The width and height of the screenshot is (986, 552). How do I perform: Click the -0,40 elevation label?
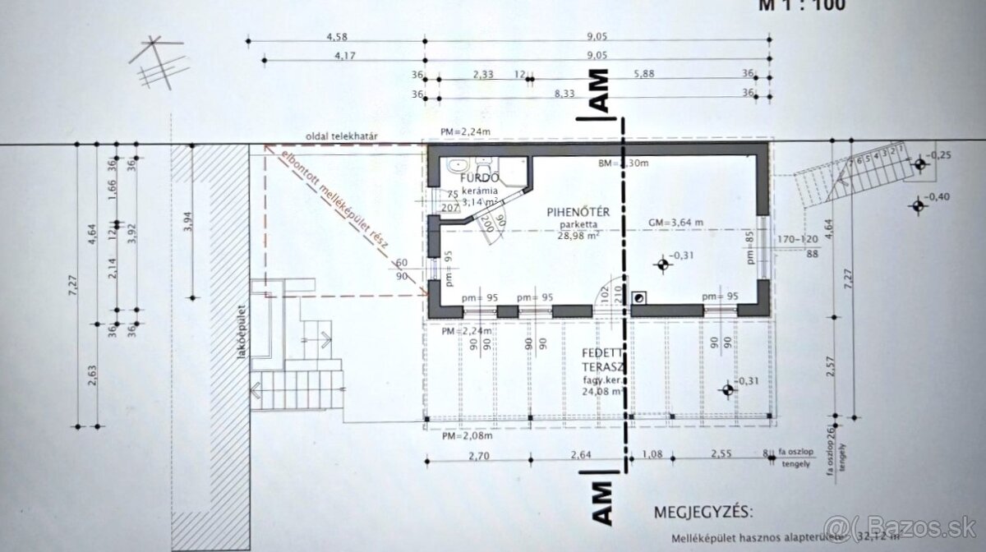coord(941,195)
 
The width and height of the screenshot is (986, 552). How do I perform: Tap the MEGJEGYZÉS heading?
coord(703,513)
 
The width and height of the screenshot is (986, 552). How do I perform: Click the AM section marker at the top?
coord(599,90)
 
